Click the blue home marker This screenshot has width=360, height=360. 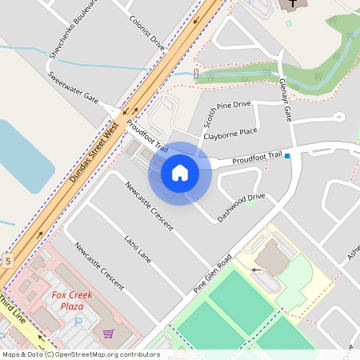click(180, 173)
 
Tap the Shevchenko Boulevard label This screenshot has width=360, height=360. click(73, 27)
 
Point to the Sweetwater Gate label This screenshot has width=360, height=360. click(72, 88)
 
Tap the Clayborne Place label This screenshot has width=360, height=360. click(230, 133)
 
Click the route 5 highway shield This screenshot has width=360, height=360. click(7, 261)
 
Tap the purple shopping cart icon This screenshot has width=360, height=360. click(108, 334)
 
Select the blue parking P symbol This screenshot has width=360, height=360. click(78, 322)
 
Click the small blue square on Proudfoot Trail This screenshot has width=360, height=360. click(287, 157)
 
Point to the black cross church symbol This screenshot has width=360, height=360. click(293, 4)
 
